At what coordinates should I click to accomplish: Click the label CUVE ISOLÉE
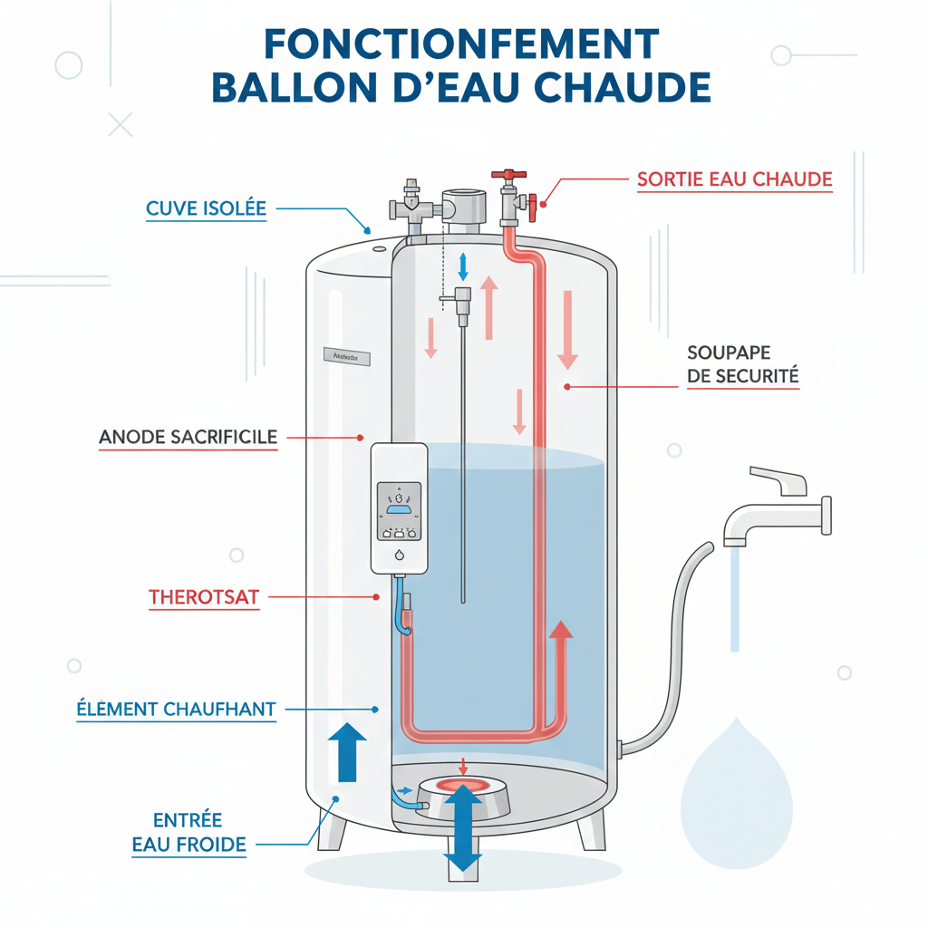(206, 208)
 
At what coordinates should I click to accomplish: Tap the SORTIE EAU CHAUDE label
(734, 179)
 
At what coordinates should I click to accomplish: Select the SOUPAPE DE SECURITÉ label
(743, 364)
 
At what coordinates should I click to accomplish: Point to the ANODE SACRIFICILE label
(188, 437)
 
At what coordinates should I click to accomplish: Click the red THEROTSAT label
(203, 597)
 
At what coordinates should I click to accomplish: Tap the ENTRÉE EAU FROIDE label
(188, 832)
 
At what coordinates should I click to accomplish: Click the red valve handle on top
(509, 173)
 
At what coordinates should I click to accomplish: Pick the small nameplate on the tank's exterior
(344, 358)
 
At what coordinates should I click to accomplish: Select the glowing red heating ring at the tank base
(462, 785)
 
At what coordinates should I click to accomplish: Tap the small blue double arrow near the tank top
(463, 266)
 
